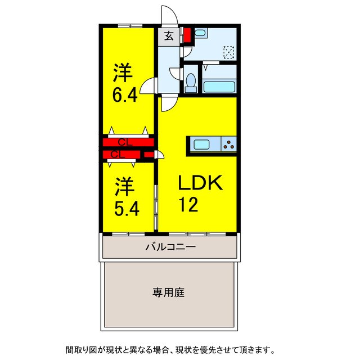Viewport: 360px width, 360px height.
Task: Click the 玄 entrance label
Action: [168, 36]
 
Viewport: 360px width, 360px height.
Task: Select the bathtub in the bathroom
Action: [219, 87]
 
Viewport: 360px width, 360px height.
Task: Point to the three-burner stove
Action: [229, 145]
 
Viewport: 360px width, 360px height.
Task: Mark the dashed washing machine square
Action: [228, 52]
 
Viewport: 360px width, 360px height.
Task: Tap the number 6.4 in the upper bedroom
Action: [124, 95]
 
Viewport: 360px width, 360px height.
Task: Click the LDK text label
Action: [201, 183]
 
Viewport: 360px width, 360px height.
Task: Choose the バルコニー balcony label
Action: [170, 246]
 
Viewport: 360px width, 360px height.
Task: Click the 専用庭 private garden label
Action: [169, 292]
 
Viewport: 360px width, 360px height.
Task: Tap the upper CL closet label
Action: [125, 142]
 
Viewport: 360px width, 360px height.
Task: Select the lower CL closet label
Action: [118, 154]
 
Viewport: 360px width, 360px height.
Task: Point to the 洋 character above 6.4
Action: [124, 73]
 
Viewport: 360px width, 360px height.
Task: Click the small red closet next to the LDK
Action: [148, 155]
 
